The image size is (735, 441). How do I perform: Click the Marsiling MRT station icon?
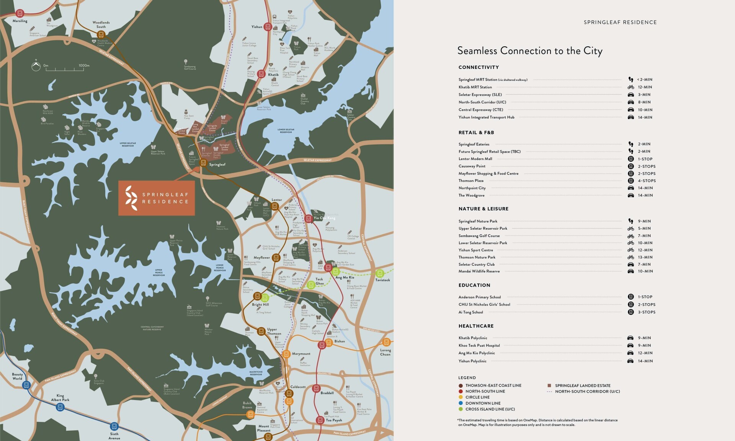point(20,13)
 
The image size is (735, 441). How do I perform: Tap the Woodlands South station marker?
point(101,34)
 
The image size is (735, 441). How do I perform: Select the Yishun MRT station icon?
point(268,27)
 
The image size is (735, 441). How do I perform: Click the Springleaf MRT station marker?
point(203,163)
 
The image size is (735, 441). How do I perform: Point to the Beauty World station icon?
point(26,385)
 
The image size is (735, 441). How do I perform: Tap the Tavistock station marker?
point(379,273)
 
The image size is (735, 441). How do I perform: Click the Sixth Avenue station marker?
point(114,426)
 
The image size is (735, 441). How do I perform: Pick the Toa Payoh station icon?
point(320,420)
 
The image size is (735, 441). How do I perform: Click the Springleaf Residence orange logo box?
point(156,198)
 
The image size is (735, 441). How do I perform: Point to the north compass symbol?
point(36,67)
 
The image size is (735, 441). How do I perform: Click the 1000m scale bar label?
point(84,65)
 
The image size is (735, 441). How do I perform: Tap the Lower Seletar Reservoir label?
point(286,131)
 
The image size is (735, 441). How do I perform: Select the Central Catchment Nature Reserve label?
point(152,328)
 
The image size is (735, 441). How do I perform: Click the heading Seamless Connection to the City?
point(530,51)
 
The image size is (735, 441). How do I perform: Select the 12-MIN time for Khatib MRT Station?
point(645,87)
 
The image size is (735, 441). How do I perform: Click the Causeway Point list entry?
point(472,166)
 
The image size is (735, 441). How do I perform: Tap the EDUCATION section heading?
point(474,285)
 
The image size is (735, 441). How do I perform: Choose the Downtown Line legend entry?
point(483,403)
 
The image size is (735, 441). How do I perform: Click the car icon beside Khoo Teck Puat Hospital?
point(630,345)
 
